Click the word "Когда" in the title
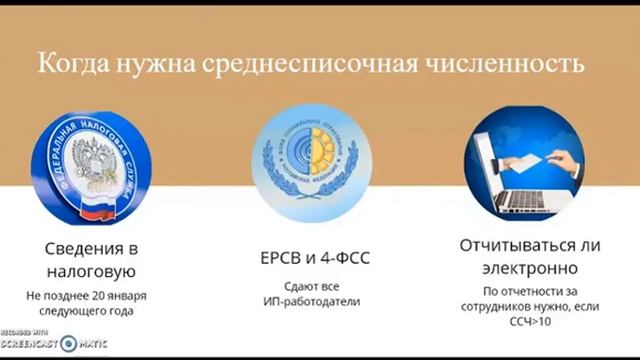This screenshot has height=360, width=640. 69,67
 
